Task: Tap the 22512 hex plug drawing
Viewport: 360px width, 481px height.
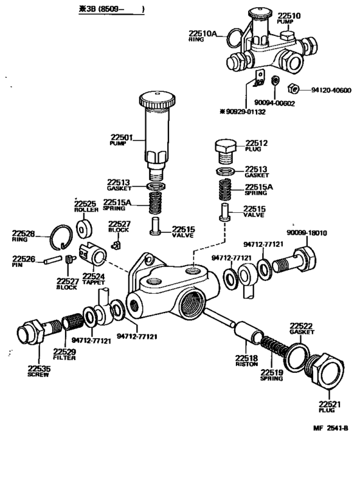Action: click(x=225, y=149)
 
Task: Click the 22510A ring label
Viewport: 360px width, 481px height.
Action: click(x=204, y=33)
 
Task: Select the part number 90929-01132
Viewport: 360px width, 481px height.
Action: click(x=248, y=111)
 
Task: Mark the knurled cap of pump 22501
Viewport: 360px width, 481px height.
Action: click(x=156, y=100)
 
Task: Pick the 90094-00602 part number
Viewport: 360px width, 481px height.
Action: click(x=273, y=102)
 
